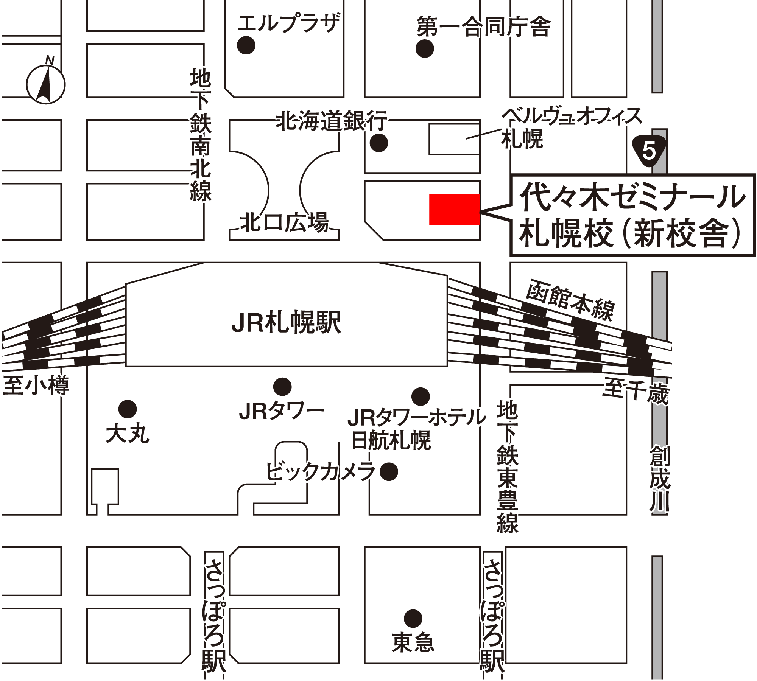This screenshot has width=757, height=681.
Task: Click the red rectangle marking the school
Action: pos(454,210)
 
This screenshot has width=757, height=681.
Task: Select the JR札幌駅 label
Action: pos(287,322)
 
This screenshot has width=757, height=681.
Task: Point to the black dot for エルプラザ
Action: pos(246,45)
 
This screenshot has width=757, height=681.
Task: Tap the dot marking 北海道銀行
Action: pos(378,143)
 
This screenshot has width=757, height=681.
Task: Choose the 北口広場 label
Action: pos(285,223)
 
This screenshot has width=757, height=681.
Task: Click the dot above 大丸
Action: pos(127,409)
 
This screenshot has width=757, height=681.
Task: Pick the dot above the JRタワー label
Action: pos(282,387)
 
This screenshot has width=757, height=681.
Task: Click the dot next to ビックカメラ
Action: pos(389,471)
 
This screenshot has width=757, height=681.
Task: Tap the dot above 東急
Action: pos(413,619)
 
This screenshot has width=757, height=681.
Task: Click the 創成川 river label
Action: pos(660,479)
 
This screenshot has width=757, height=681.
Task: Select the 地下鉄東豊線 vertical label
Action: pos(507,467)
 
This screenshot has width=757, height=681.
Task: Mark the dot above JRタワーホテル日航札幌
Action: pos(420,396)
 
